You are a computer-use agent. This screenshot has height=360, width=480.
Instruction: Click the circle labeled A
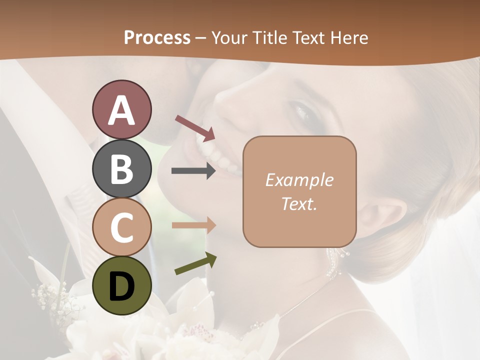pyautogui.click(x=121, y=110)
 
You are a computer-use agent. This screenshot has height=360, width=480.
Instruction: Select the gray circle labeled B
pyautogui.click(x=121, y=168)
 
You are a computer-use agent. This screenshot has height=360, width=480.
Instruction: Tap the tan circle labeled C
pyautogui.click(x=121, y=227)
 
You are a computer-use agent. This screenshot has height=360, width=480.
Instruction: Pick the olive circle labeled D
pyautogui.click(x=121, y=285)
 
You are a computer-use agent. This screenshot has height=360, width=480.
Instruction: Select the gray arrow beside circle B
pyautogui.click(x=194, y=171)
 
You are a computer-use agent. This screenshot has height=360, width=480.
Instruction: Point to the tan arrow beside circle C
pyautogui.click(x=194, y=225)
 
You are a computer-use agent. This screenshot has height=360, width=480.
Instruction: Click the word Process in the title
pyautogui.click(x=157, y=37)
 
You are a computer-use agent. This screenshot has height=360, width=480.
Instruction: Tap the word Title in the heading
pyautogui.click(x=269, y=37)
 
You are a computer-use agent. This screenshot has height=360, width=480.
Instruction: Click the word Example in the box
pyautogui.click(x=299, y=180)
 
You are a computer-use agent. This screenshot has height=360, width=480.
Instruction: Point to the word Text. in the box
pyautogui.click(x=299, y=204)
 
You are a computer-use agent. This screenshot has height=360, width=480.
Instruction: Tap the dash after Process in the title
pyautogui.click(x=201, y=38)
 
